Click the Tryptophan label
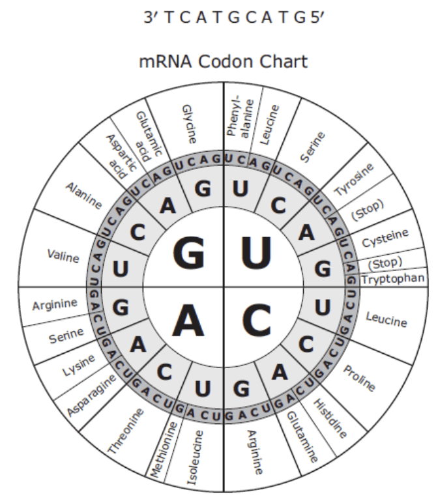point(393,279)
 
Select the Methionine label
point(164,450)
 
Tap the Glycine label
point(189,124)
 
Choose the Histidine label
point(330,418)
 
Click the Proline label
point(359,378)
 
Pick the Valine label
point(63,256)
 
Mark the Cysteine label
point(385,238)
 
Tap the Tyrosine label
point(355,180)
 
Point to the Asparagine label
point(91,395)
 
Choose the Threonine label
point(125,431)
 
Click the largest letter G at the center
point(188,252)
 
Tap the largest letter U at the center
point(256,252)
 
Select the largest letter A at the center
point(188,320)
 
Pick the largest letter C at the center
point(256,320)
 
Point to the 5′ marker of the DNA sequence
point(317,18)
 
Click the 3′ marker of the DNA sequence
point(151,18)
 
